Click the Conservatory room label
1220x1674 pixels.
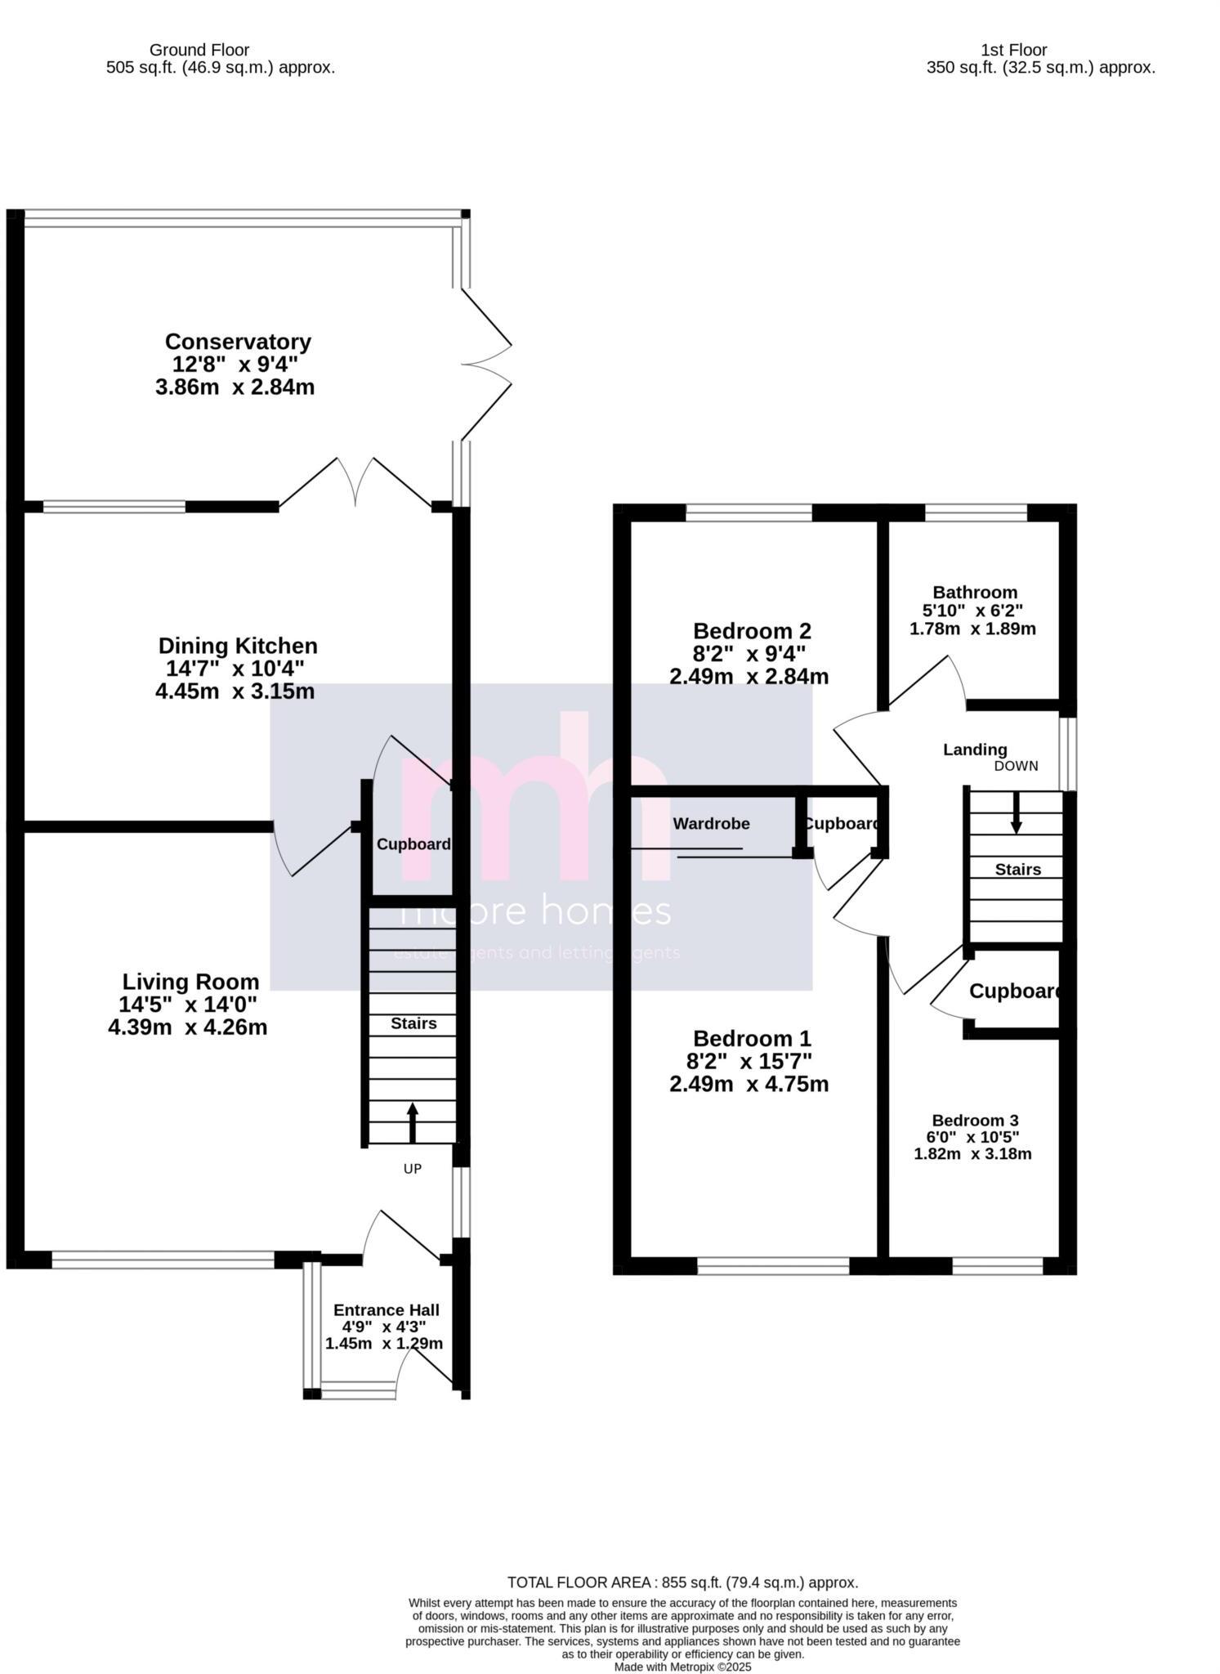238,342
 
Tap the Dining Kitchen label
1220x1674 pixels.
238,646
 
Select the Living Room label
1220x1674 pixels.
190,982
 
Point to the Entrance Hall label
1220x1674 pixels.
386,1310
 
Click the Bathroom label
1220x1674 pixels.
975,592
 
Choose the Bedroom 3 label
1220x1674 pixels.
975,1120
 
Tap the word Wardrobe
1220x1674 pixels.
711,823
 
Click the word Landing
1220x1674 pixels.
975,749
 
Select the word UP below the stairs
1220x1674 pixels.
413,1169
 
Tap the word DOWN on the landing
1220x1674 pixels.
1016,766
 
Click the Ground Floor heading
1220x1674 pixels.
199,50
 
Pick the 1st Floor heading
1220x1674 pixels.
1013,50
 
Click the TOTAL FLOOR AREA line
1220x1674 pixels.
682,1582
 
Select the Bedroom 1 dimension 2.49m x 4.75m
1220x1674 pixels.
749,1084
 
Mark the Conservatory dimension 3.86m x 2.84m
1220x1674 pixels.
235,387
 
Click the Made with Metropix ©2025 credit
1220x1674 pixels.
682,1667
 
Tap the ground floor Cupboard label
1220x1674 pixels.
413,844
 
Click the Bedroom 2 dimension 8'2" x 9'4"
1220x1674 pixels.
749,654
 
